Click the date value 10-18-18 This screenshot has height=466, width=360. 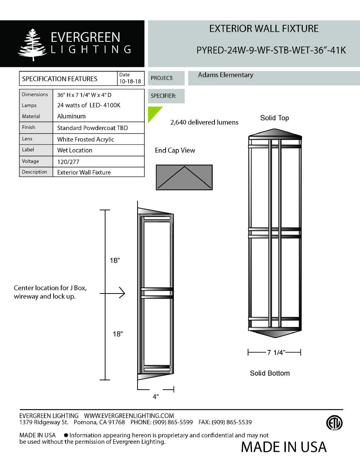tap(130, 81)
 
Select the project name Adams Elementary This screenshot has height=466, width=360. tap(225, 75)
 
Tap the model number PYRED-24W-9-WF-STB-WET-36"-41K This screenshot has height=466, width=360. tap(271, 50)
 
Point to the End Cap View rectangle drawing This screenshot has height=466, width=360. tap(184, 177)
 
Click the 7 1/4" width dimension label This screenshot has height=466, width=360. tap(275, 353)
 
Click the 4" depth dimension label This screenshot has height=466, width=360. tap(156, 396)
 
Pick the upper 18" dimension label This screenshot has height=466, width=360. tap(114, 260)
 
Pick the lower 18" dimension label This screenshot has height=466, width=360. tap(117, 334)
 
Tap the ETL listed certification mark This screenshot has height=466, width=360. tap(334, 423)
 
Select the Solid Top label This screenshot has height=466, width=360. tap(274, 118)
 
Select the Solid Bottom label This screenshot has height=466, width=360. tap(270, 373)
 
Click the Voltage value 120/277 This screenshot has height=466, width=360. tap(68, 162)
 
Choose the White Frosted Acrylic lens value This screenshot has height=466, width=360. tap(85, 139)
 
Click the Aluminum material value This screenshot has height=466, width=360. tap(71, 116)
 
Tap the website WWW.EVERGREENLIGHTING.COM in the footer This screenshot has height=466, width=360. tap(129, 416)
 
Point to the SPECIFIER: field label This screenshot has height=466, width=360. tap(163, 96)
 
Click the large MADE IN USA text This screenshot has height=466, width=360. tap(283, 447)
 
